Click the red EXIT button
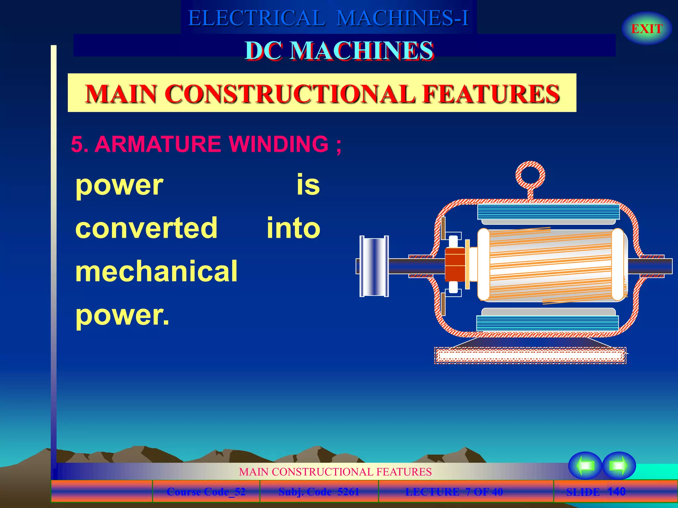pos(647,29)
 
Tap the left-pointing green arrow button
pos(585,466)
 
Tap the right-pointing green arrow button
pos(618,466)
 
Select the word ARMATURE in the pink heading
pos(158,144)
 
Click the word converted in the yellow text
pos(146,228)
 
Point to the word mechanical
pos(156,271)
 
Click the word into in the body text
pos(293,228)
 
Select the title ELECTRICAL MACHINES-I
pos(328,18)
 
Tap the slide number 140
pos(616,491)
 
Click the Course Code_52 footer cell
pos(206,492)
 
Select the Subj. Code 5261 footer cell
pos(318,492)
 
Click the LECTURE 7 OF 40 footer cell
pos(454,492)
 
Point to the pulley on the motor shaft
pos(374,266)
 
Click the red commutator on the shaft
pos(455,265)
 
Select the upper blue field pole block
pos(548,212)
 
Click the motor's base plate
pos(530,356)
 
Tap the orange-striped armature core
pos(550,265)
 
